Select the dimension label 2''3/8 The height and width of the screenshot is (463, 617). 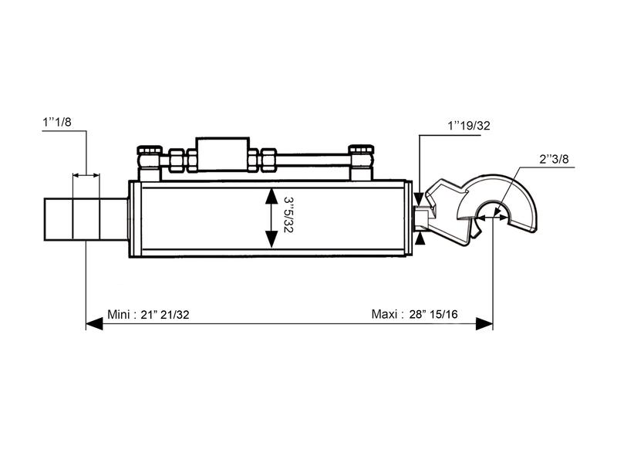click(x=554, y=160)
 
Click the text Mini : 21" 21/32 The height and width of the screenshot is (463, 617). click(x=150, y=314)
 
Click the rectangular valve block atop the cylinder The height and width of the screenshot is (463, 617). click(x=221, y=154)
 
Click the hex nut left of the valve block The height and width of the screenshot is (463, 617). click(x=177, y=161)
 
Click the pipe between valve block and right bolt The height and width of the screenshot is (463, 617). click(x=312, y=161)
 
